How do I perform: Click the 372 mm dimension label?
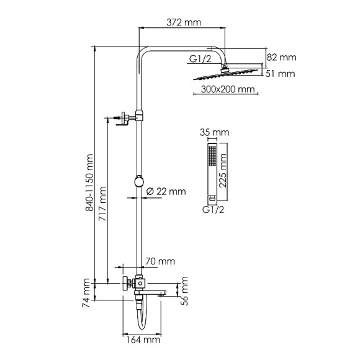pyautogui.click(x=184, y=22)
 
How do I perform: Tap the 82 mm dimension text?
pyautogui.click(x=281, y=57)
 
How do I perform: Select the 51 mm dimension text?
pyautogui.click(x=280, y=74)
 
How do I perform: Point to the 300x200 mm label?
pyautogui.click(x=228, y=89)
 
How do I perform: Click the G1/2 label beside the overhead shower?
pyautogui.click(x=200, y=59)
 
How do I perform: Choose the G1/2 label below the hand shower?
pyautogui.click(x=213, y=210)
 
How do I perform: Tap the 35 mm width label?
pyautogui.click(x=214, y=132)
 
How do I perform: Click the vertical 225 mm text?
pyautogui.click(x=222, y=171)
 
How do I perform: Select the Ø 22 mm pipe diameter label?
pyautogui.click(x=166, y=191)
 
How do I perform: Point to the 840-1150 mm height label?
pyautogui.click(x=89, y=182)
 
